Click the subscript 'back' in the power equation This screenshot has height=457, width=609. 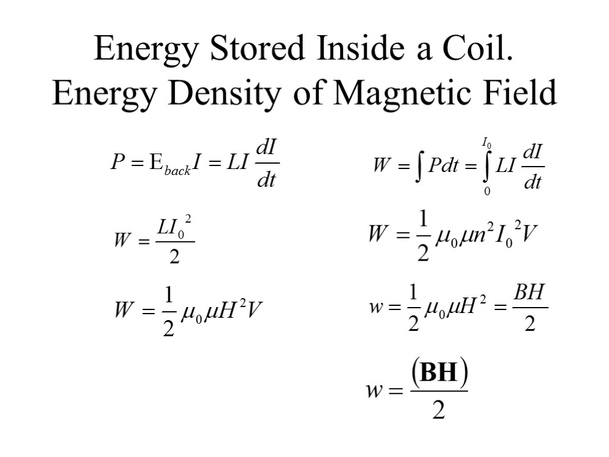click(x=178, y=171)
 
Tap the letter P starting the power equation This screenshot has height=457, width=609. click(x=117, y=164)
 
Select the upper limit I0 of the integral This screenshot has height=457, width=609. click(x=486, y=142)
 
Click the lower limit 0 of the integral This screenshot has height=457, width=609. click(x=487, y=192)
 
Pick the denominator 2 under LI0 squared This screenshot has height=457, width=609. click(x=174, y=258)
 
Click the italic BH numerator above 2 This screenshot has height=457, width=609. click(x=529, y=293)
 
